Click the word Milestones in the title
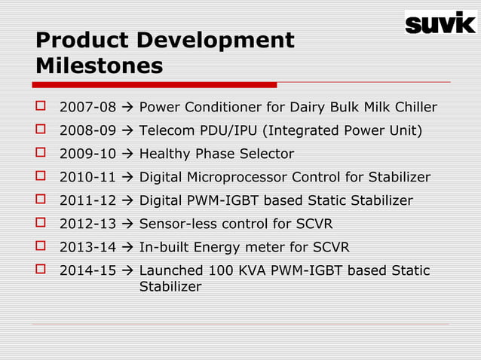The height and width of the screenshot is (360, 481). click(x=99, y=66)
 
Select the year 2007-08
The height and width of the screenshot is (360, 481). click(x=87, y=108)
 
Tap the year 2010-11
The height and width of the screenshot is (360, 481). click(x=87, y=178)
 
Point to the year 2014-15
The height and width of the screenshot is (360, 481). click(x=87, y=270)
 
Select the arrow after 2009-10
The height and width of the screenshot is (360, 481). click(x=127, y=154)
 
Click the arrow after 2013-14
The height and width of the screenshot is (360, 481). click(x=127, y=247)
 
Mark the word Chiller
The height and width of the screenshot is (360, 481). click(x=414, y=108)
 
